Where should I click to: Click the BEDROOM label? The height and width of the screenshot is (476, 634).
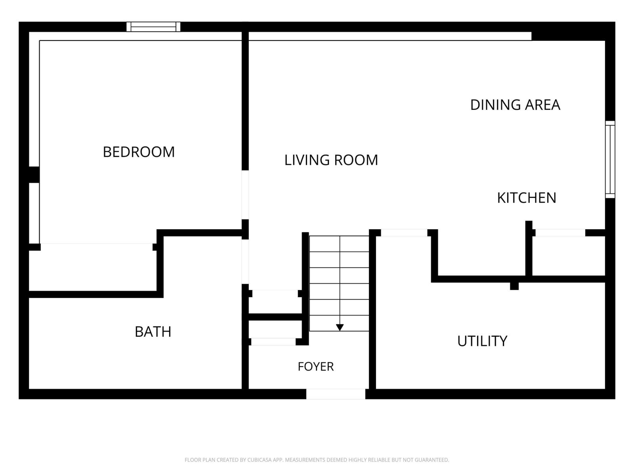tap(139, 152)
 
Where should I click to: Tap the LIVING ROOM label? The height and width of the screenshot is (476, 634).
tap(331, 160)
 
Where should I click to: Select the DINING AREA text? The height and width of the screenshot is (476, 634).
tap(515, 105)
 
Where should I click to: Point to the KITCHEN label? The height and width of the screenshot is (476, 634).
tap(527, 198)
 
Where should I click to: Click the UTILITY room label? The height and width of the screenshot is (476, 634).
tap(482, 341)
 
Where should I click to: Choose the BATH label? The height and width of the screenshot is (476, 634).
tap(153, 332)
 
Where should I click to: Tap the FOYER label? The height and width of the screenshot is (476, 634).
tap(316, 367)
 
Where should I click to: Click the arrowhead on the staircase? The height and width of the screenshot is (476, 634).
tap(340, 328)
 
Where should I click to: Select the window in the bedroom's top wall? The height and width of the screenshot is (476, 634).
tap(153, 27)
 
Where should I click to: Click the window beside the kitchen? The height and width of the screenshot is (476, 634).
tap(610, 159)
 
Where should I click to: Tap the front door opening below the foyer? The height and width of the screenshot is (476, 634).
tap(336, 394)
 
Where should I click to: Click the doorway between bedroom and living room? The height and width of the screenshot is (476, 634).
tap(245, 195)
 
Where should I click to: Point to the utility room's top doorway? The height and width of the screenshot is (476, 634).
tap(404, 233)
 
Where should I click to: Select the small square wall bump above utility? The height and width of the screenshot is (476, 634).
tap(514, 286)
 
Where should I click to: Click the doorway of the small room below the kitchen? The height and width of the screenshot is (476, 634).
tap(560, 233)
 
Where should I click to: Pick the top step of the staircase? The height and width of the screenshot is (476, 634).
tap(339, 244)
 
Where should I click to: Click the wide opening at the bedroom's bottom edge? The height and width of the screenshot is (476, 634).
tap(96, 247)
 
